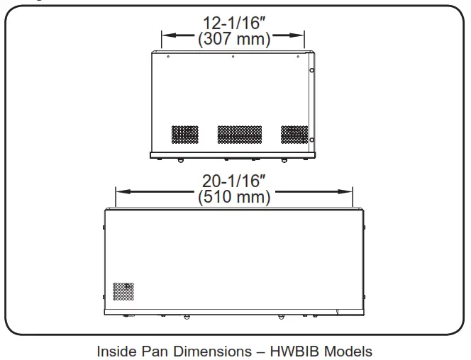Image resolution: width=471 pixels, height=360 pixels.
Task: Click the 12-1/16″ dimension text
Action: coord(234,23)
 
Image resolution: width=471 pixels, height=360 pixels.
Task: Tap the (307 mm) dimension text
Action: coord(234,39)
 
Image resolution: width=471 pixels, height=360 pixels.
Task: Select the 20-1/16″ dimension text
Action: coord(234,181)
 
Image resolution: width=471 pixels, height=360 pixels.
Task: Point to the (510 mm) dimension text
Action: coord(234,197)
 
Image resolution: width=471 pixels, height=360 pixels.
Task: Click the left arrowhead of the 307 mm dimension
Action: coord(169,35)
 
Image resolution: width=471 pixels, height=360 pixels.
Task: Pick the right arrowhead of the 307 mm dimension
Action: coord(297,35)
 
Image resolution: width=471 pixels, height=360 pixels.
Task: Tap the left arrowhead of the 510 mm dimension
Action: coord(123,191)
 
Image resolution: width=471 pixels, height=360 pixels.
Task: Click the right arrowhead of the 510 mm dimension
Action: coord(345,191)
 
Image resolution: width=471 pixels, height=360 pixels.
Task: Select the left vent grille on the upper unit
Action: coord(185,135)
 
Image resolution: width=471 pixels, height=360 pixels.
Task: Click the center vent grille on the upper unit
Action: coord(240,135)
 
